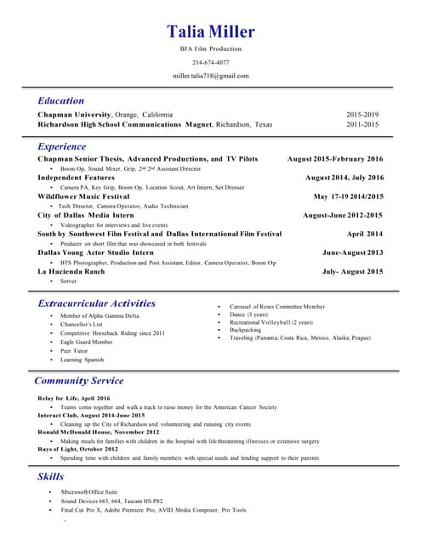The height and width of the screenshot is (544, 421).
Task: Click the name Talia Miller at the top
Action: pyautogui.click(x=210, y=32)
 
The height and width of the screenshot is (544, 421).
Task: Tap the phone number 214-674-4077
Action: pyautogui.click(x=210, y=62)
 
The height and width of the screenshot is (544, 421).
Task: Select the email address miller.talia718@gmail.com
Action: pyautogui.click(x=210, y=76)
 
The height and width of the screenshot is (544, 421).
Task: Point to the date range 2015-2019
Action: pyautogui.click(x=362, y=114)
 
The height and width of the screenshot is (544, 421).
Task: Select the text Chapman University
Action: pyautogui.click(x=74, y=114)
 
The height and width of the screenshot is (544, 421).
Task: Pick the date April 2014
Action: pyautogui.click(x=365, y=233)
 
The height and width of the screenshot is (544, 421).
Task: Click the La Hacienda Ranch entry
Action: pyautogui.click(x=71, y=271)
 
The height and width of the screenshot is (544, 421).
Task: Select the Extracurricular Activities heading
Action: pyautogui.click(x=97, y=303)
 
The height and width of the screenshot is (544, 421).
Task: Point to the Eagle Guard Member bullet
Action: pyautogui.click(x=86, y=341)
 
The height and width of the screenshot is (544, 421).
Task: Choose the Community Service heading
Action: pyautogui.click(x=79, y=381)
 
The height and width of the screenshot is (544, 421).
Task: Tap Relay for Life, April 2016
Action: pyautogui.click(x=74, y=398)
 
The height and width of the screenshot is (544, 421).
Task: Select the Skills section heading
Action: pyautogui.click(x=50, y=476)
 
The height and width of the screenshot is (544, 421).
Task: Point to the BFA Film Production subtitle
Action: pyautogui.click(x=210, y=49)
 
